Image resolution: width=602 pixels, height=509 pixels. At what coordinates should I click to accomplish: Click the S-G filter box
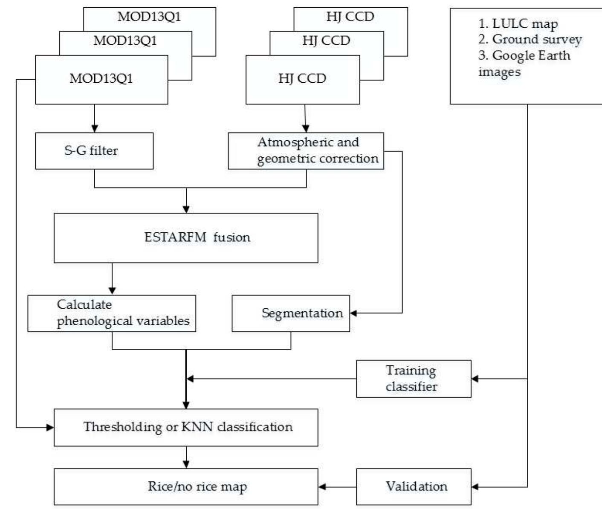point(94,151)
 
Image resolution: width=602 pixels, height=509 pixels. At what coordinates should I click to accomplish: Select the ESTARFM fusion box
point(185,238)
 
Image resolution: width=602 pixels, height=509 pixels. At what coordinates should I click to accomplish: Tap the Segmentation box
point(290,313)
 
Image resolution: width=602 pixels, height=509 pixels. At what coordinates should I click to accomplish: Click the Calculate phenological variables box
point(112,313)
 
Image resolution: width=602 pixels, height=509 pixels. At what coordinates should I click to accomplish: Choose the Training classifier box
point(413,379)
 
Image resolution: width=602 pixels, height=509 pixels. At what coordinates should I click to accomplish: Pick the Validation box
point(413,486)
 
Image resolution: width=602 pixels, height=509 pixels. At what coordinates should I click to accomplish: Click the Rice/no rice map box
point(185,486)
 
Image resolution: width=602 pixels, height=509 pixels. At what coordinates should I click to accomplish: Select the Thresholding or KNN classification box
point(185,427)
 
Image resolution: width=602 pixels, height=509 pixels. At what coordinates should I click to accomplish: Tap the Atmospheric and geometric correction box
point(306,151)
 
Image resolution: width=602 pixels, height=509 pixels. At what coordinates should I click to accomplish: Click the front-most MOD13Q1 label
point(101,78)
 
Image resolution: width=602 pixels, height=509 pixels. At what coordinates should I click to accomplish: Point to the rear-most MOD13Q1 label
point(149,17)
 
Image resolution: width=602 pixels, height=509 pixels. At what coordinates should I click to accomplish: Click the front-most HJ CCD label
point(302,78)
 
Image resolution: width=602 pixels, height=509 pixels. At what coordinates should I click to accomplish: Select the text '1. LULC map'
point(518,24)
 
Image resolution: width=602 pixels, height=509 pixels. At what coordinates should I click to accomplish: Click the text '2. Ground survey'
point(530,39)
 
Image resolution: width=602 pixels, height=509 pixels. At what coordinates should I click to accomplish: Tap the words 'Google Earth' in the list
point(531,55)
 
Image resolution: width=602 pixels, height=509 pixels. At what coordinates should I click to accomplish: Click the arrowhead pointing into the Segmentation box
point(353,313)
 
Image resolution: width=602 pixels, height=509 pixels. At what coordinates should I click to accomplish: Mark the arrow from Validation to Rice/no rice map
point(337,486)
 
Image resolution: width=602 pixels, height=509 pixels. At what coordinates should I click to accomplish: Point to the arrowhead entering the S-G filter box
point(95,129)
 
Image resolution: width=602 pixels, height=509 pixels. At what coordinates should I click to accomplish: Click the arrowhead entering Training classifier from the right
point(475,379)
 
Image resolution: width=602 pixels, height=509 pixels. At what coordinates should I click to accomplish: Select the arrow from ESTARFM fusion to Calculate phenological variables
point(112,279)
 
